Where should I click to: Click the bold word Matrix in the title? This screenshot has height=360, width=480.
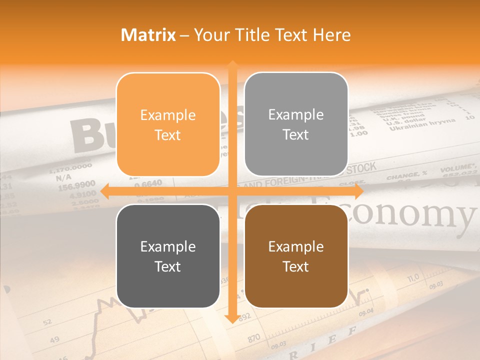point(148,34)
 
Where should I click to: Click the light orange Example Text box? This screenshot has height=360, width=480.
point(168,125)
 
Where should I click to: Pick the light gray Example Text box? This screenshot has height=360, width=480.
point(296,124)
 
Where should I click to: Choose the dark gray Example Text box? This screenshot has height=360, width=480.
point(168,256)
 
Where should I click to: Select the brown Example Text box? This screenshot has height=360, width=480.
point(296,256)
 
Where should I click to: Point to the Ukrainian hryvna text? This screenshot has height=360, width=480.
point(422,123)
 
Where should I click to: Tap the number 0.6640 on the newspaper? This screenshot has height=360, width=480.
point(148,183)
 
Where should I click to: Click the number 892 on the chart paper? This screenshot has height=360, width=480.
point(244,316)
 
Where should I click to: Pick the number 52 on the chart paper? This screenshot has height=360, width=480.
point(47,322)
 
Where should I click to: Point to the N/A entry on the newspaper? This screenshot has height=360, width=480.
point(63,177)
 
